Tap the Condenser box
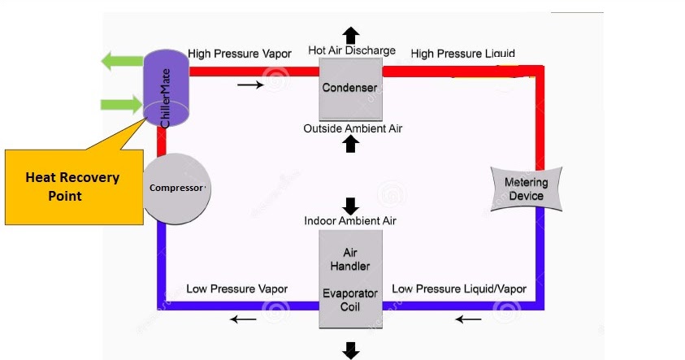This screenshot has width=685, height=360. (349, 88)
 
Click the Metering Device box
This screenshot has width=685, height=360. (526, 189)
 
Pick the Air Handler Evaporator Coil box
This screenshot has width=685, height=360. (350, 279)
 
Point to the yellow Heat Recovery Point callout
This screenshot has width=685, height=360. (72, 186)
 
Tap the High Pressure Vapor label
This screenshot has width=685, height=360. (239, 54)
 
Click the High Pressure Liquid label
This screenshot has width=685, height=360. (462, 54)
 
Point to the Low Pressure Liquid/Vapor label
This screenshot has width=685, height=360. (459, 288)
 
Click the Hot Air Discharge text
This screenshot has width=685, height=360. (351, 50)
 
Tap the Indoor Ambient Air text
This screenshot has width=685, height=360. (350, 220)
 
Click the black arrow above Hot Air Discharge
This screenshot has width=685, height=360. (350, 35)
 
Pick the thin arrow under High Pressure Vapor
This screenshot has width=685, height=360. (250, 85)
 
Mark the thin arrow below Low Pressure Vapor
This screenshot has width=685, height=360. (242, 319)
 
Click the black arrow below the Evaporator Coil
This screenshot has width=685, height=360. (351, 349)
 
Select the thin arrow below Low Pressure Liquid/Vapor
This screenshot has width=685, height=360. (468, 319)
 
